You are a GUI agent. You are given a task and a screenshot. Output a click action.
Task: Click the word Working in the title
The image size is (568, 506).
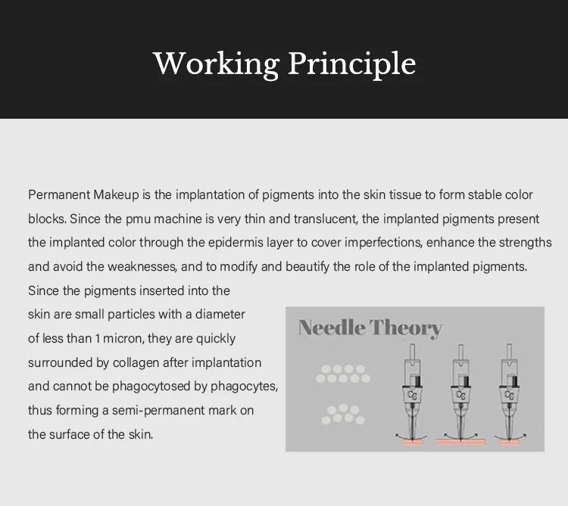[x=216, y=64]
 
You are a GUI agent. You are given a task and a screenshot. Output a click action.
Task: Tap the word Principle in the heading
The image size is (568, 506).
[x=351, y=64]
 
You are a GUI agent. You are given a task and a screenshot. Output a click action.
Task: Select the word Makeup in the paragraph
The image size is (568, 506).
[x=117, y=194]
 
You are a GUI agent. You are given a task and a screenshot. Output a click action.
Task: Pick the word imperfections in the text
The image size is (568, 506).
[x=383, y=243]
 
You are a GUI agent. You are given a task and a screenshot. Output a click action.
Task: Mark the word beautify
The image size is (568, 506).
[x=307, y=267]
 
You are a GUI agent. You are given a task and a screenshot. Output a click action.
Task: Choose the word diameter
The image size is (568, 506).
[x=220, y=315]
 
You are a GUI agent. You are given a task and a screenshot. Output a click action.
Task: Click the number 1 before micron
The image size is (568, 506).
[x=98, y=339]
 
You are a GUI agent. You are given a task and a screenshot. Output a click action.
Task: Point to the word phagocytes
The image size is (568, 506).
[x=244, y=386]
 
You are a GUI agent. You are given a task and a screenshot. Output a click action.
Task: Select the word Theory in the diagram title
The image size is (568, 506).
[x=406, y=328]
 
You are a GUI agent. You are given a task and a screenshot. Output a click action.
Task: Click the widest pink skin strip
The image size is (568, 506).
[x=460, y=441]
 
